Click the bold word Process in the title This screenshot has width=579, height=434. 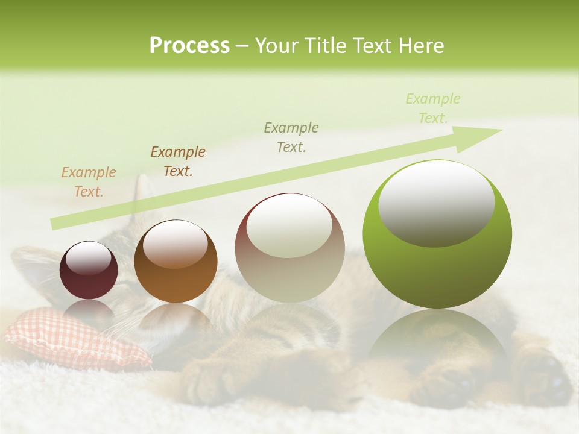(x=189, y=46)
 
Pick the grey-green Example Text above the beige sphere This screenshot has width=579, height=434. (x=291, y=137)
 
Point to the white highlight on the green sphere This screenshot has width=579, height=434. (x=436, y=202)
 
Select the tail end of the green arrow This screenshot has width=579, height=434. (x=57, y=223)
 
